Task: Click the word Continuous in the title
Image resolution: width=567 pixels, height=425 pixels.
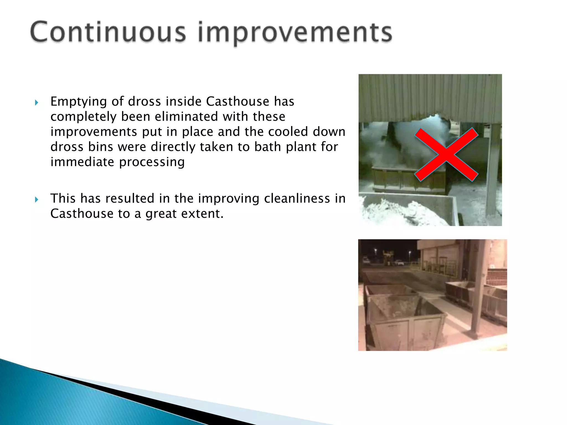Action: (x=108, y=32)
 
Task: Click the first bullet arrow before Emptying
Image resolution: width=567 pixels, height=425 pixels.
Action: (x=37, y=103)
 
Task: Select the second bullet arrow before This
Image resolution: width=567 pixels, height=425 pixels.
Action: (x=37, y=199)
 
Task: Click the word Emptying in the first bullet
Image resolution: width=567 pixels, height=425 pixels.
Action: (x=78, y=102)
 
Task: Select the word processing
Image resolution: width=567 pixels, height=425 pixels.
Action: (x=152, y=162)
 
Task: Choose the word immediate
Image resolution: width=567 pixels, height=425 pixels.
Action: (x=82, y=162)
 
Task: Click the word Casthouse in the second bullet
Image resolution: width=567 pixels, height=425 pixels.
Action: (x=82, y=214)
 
